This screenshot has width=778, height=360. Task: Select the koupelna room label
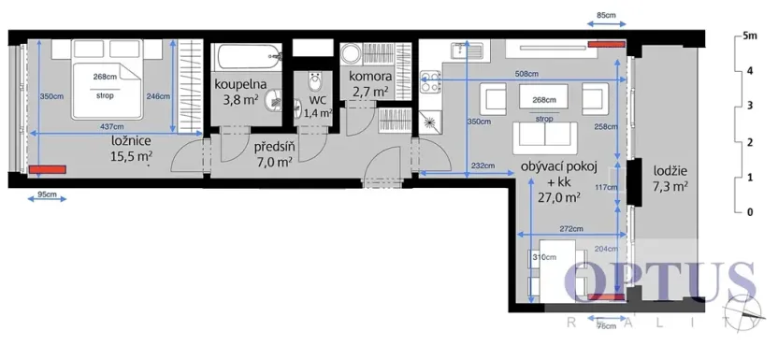tap(241, 84)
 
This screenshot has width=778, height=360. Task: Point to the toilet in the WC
tap(316, 80)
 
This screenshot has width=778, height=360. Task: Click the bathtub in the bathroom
tap(245, 58)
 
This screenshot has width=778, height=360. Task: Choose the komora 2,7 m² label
tap(369, 83)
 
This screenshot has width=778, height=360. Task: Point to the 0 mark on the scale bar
tap(747, 212)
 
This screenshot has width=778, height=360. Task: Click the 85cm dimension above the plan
tap(606, 16)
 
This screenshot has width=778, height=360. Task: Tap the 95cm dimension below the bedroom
tap(47, 195)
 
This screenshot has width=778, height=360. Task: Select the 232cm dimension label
tap(483, 166)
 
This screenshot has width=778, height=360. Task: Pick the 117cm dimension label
tap(606, 187)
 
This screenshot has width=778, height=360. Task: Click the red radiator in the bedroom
tap(47, 170)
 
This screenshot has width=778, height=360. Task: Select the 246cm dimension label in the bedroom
tap(158, 95)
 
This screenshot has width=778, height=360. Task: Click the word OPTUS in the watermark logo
tap(659, 282)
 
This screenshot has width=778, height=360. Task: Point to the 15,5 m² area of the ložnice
tap(131, 158)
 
